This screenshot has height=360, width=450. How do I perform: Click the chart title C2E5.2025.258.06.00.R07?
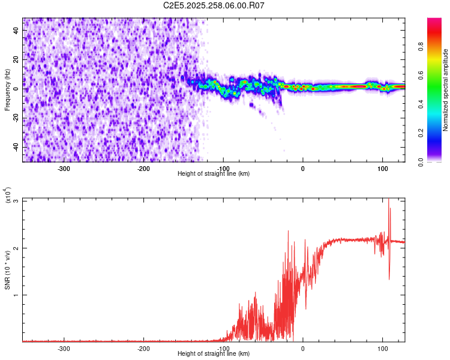coord(214,5)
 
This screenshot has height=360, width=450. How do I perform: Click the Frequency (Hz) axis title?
coord(8,90)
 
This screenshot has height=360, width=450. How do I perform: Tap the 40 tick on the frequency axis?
coord(16,29)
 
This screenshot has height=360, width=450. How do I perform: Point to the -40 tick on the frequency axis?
coord(16,147)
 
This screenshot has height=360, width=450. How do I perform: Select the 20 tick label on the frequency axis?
coord(16,59)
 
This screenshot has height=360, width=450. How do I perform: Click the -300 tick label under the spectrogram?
coord(64,168)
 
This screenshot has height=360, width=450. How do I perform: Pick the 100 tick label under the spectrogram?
coord(382,168)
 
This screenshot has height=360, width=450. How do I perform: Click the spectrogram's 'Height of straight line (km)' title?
coord(214,174)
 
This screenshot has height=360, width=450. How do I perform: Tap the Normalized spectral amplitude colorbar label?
coord(446,90)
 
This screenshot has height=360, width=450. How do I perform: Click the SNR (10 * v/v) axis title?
coord(8,269)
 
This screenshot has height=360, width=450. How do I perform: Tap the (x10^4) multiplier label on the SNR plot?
coord(8,195)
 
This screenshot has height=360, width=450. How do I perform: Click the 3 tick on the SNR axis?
coord(16,200)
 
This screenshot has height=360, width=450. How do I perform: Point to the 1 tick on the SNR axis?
coord(16,295)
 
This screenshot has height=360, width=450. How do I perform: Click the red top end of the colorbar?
coord(434,21)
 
